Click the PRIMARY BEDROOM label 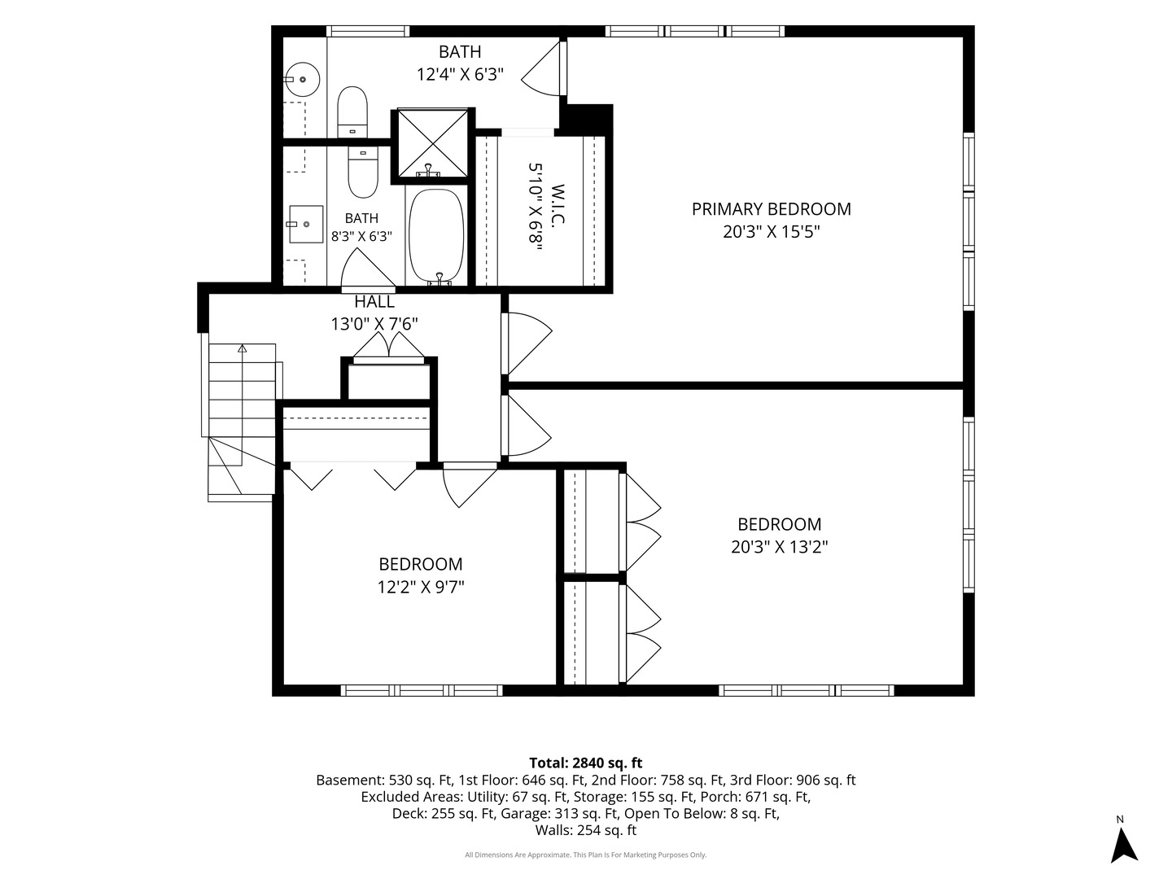coord(771,208)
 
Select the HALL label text coord(374,301)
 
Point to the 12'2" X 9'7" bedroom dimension coord(421,587)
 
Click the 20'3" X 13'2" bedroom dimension coord(780,547)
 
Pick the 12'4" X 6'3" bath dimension coord(461,74)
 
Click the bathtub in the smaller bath coord(436,235)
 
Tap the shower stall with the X coord(432,143)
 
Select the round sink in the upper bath coord(301,80)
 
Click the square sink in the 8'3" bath coord(307,224)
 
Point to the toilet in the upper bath coord(352,112)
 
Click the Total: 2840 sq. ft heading coord(586,763)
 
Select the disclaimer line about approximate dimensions coord(586,855)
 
